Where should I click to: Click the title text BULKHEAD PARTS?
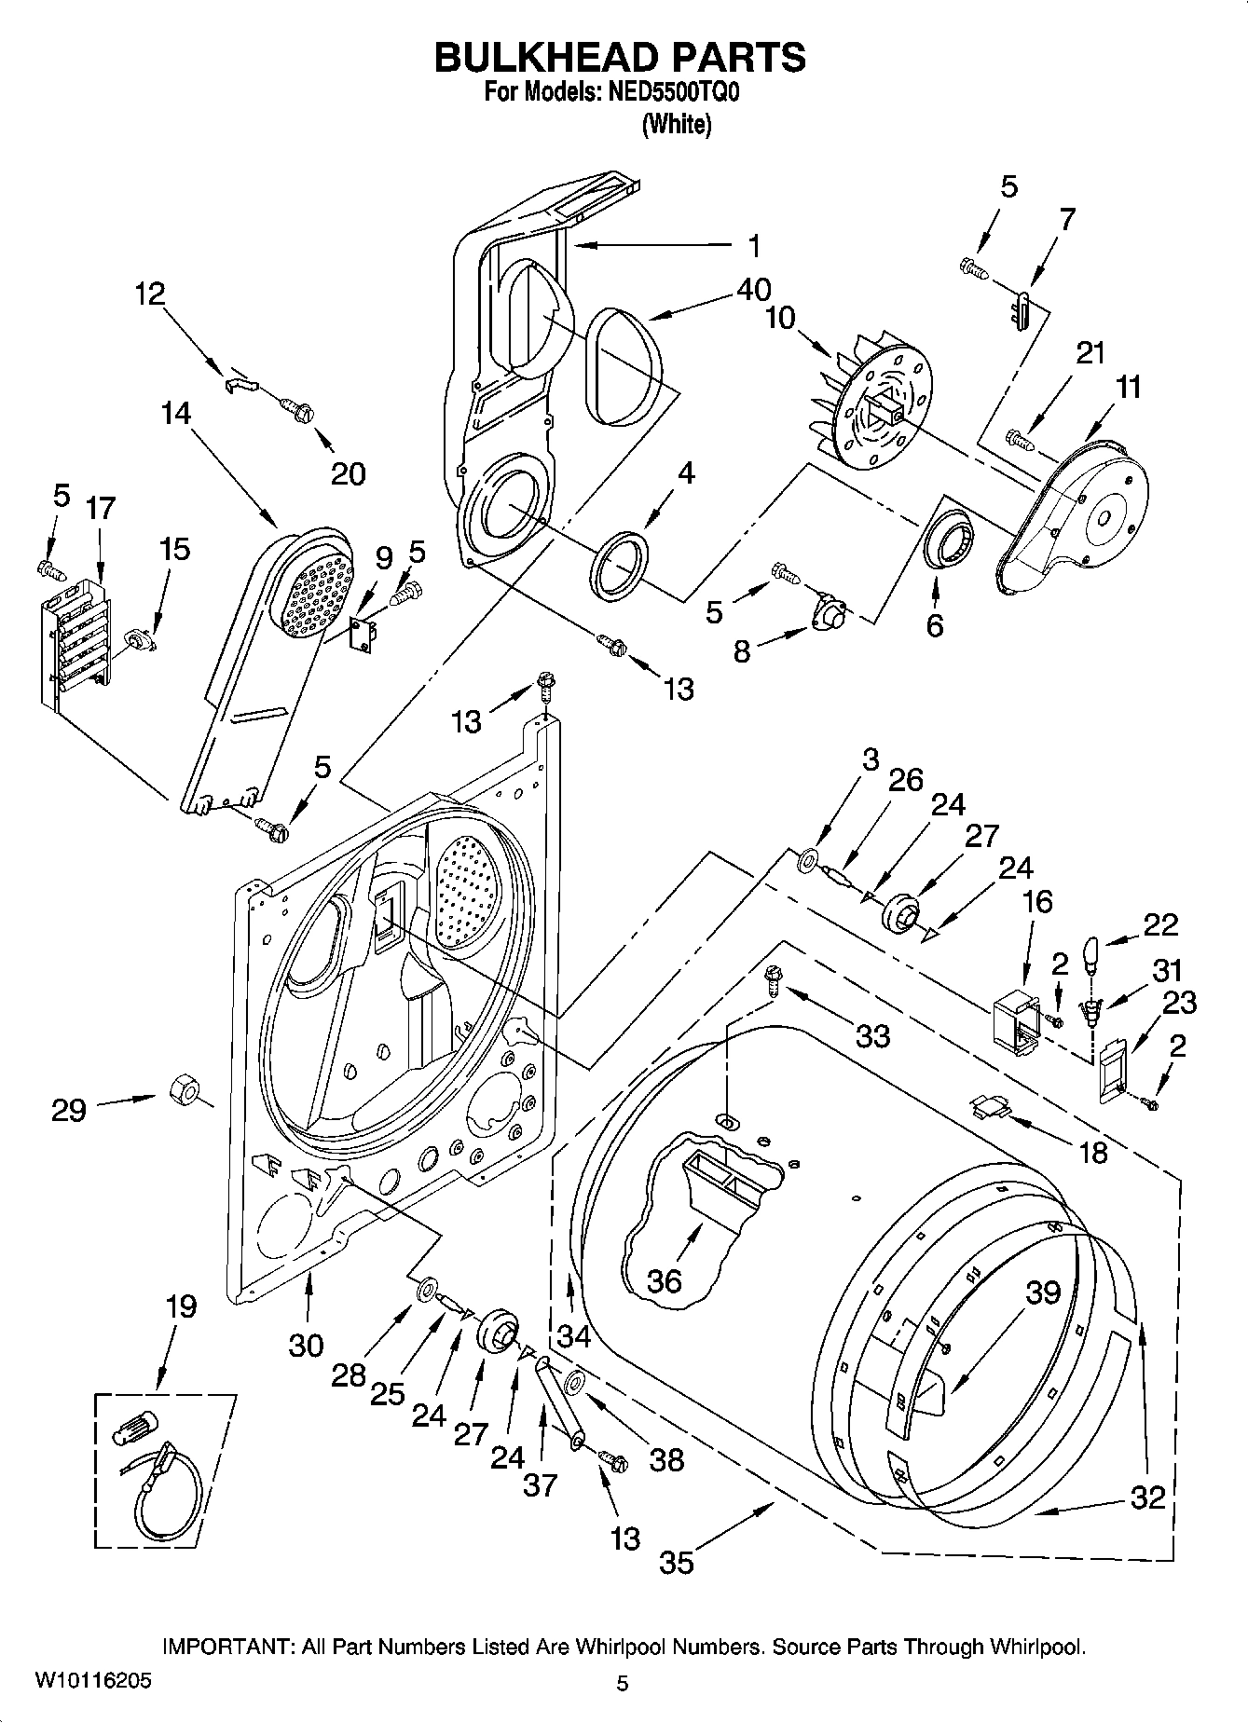pos(621,58)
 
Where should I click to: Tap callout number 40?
pos(753,290)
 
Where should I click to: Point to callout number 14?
pos(176,413)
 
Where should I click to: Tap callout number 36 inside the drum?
pos(665,1280)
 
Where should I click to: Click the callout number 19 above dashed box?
pos(181,1306)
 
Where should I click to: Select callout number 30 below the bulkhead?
pos(306,1345)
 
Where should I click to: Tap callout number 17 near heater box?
pos(101,509)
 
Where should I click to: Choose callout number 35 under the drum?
pos(677,1561)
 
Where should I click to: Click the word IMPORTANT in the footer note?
pos(228,1648)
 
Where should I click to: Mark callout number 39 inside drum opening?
pos(1043,1292)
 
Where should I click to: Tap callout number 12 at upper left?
pos(149,294)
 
